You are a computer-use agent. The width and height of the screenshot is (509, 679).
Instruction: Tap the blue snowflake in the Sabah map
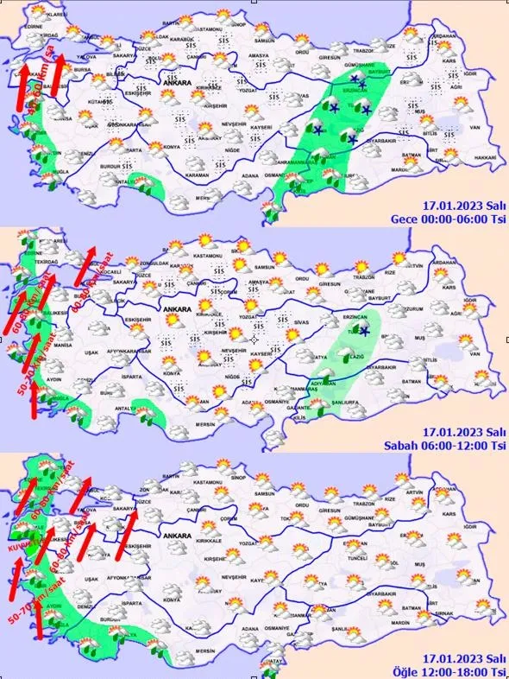pyautogui.click(x=365, y=332)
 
